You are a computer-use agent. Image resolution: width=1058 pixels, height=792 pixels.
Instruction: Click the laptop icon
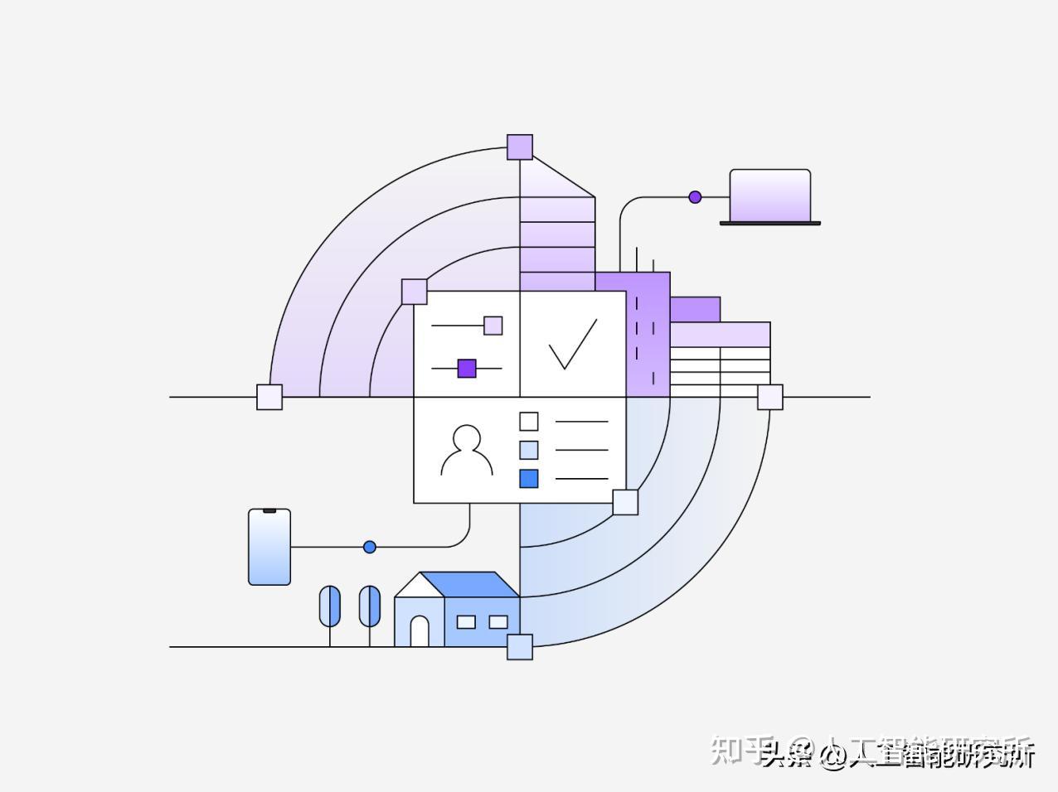click(769, 197)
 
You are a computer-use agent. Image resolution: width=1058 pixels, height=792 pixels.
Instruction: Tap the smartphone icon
click(269, 547)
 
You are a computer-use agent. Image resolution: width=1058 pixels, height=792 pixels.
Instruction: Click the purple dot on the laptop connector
click(695, 197)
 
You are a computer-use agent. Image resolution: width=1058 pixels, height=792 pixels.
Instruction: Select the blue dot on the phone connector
click(370, 547)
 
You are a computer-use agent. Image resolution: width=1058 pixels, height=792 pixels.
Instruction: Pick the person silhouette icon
click(467, 451)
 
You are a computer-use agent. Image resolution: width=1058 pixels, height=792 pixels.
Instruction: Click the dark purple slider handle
click(467, 368)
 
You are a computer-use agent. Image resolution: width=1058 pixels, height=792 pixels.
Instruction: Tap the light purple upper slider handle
click(493, 326)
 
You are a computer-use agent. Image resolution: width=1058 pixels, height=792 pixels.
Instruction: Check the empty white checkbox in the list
click(529, 422)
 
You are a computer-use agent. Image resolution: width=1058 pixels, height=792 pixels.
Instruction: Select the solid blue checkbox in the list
click(529, 478)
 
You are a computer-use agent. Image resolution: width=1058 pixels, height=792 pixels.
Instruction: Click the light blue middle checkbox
click(529, 450)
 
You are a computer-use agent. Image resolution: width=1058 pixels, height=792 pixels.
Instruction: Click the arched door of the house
click(420, 631)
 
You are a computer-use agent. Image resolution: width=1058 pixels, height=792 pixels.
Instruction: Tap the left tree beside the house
click(330, 606)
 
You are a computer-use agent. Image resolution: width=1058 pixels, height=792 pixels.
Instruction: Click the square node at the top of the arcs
click(520, 147)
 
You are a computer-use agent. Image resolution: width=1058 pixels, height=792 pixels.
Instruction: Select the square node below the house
click(520, 646)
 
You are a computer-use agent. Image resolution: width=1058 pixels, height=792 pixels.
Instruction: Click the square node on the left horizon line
click(269, 397)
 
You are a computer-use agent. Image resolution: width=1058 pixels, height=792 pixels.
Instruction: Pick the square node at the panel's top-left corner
click(415, 292)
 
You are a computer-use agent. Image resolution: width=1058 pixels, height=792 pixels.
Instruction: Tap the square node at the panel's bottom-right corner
click(625, 502)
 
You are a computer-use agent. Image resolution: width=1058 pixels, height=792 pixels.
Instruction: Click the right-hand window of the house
click(498, 621)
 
